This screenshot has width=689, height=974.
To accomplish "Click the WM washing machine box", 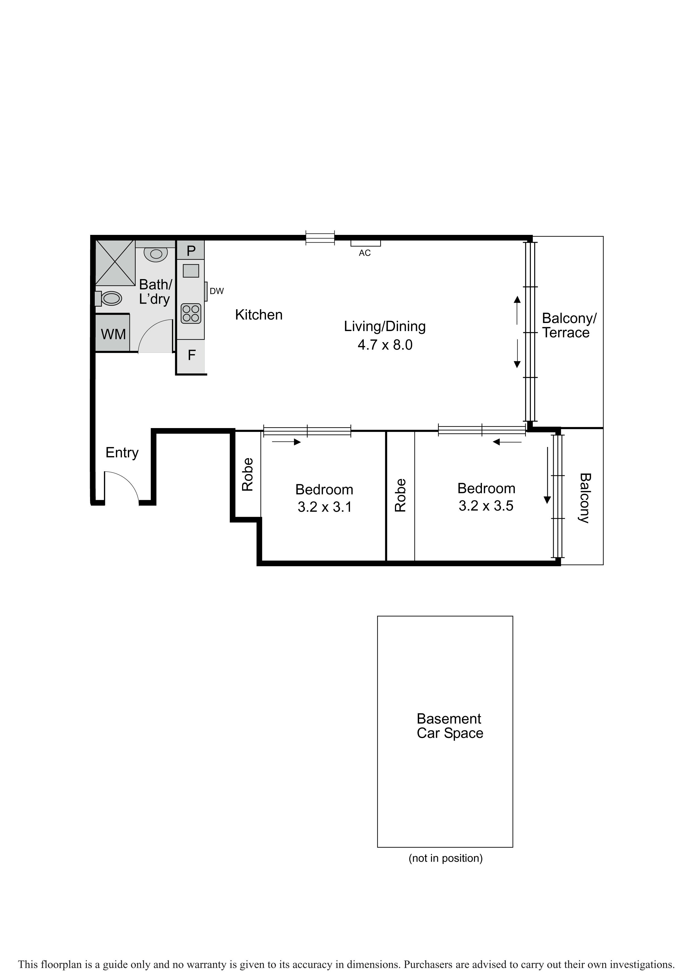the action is coord(113,333).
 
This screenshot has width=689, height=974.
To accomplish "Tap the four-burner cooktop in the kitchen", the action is coord(191,314).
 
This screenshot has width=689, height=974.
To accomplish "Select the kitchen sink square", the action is coord(191,271).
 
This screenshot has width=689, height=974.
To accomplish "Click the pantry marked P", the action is coord(190,250).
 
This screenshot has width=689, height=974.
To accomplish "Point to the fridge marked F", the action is coord(191,356).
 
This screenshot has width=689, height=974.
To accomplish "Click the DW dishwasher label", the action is coord(217,291).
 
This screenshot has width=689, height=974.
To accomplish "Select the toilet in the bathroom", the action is coord(109,298).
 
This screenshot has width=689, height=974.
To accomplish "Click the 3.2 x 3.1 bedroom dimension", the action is coord(325,507).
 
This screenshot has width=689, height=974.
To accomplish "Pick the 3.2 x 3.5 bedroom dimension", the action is coord(486,506).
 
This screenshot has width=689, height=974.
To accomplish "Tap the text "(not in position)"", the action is coord(446,858).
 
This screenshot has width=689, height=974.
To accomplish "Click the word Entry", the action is coord(122,453).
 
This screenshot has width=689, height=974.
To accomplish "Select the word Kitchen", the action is coord(259,315).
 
